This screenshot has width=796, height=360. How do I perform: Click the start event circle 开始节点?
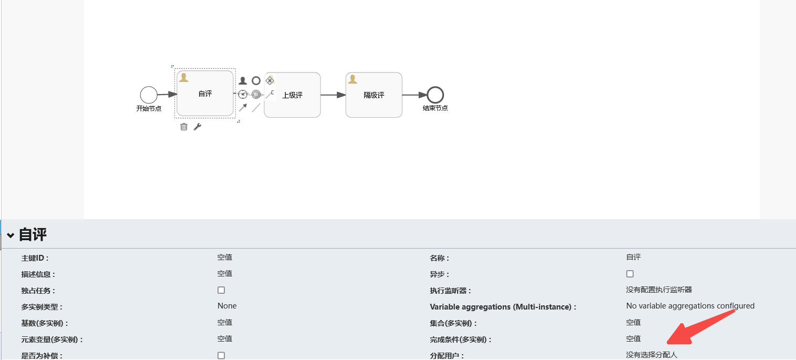149,95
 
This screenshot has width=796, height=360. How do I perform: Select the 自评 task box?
205,94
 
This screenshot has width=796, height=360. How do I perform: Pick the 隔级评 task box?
374,95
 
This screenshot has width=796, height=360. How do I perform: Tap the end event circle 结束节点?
435,95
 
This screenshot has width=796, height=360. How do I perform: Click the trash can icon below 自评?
184,127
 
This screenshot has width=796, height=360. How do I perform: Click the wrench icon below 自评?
198,127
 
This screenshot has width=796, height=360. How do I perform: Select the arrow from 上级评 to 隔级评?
333,95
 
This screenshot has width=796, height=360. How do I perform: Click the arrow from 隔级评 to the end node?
415,95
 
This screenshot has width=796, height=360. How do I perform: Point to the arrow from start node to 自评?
167,95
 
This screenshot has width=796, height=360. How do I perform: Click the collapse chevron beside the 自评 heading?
11,235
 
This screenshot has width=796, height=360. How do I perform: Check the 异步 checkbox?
630,274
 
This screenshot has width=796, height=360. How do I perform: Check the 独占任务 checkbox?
221,290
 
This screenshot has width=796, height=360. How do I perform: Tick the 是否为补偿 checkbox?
221,355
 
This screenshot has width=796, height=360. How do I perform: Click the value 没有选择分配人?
652,355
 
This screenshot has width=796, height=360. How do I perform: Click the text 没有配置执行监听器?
659,290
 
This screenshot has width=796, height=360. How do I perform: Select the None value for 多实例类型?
227,306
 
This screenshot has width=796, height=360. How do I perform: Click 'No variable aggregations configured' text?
690,306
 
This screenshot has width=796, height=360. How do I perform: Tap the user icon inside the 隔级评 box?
353,79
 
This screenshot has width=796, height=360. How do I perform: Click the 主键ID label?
35,258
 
